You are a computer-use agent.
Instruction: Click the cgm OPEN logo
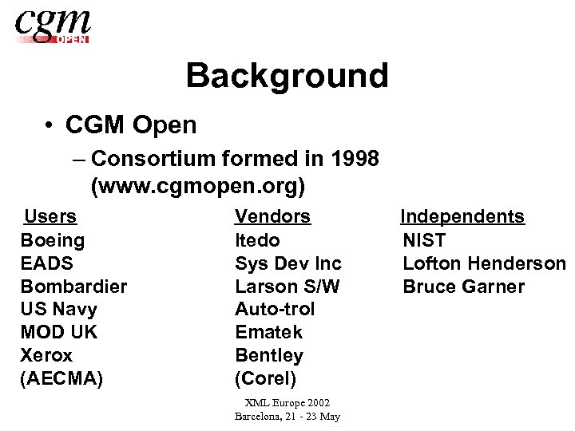(53, 26)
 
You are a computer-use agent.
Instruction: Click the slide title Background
(287, 76)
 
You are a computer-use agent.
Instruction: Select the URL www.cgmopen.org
(198, 187)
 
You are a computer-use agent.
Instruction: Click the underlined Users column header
(50, 216)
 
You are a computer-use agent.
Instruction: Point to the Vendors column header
(272, 216)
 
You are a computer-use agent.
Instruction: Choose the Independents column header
(462, 216)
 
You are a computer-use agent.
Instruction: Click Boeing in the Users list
(52, 240)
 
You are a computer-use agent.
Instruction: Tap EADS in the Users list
(46, 263)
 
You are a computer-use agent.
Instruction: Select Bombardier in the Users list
(73, 287)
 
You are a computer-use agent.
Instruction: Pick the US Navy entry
(58, 309)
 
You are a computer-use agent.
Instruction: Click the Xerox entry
(46, 355)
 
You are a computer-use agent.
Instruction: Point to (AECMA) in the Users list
(61, 378)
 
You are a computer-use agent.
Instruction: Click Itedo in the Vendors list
(257, 240)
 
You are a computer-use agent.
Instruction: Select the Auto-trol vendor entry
(275, 309)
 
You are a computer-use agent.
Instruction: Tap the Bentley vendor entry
(269, 355)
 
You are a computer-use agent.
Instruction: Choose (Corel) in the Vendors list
(265, 378)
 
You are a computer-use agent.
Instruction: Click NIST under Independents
(424, 240)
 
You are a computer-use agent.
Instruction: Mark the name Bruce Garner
(463, 287)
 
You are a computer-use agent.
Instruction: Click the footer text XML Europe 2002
(287, 403)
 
